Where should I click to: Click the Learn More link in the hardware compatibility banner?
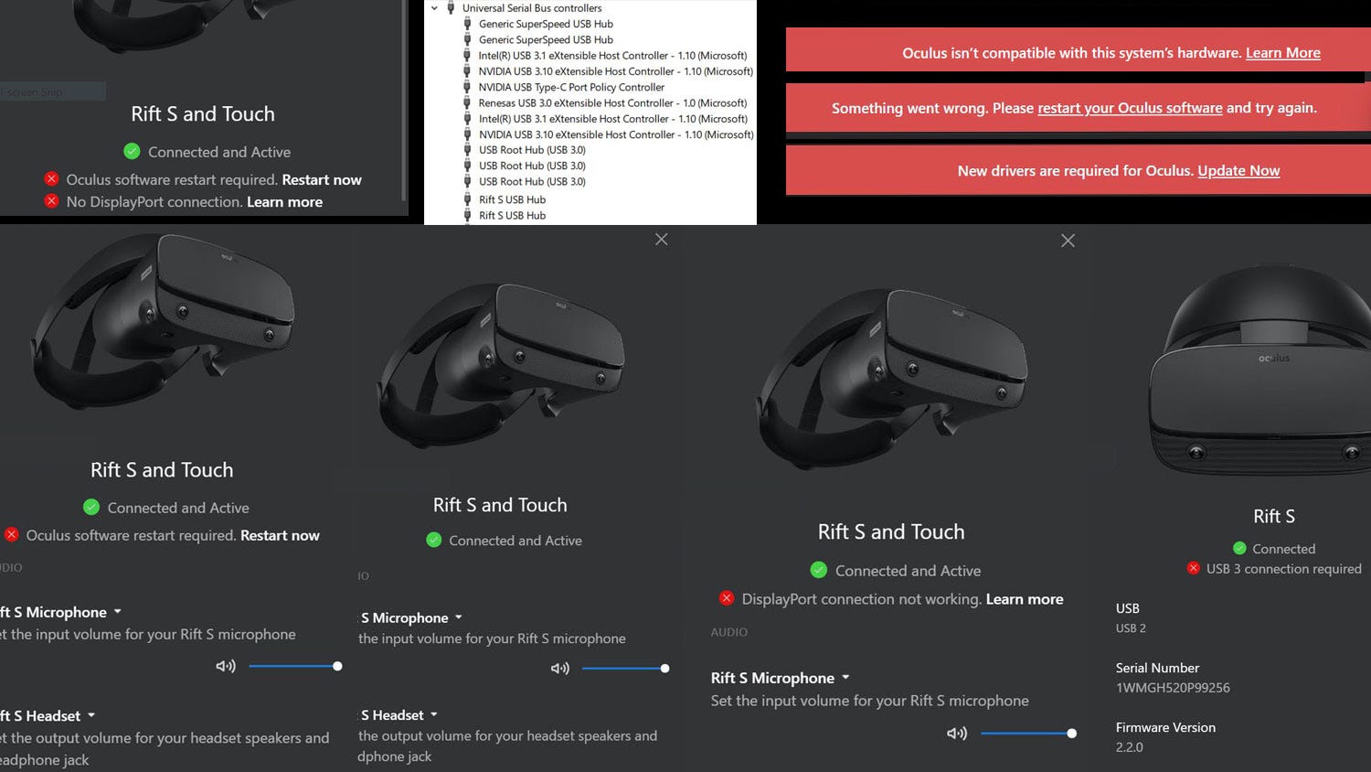click(x=1282, y=53)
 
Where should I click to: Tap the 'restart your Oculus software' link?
click(x=1130, y=108)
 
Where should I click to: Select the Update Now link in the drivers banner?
click(x=1238, y=171)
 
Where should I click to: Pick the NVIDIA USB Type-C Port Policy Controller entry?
click(x=571, y=88)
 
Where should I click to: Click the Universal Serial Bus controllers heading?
click(x=532, y=8)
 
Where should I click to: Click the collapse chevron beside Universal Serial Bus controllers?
click(x=435, y=8)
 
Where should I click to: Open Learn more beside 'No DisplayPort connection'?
click(x=284, y=202)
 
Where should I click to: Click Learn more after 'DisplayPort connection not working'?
click(x=1025, y=599)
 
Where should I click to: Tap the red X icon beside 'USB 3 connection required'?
click(x=1193, y=568)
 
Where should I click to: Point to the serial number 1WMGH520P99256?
click(x=1173, y=688)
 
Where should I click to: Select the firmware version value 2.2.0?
click(x=1130, y=747)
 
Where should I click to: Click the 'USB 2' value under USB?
click(x=1131, y=628)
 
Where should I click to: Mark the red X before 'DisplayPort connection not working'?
click(x=727, y=598)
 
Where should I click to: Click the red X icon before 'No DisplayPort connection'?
click(x=52, y=201)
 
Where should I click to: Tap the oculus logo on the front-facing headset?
click(x=1274, y=359)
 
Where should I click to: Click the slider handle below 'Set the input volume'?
click(x=1072, y=734)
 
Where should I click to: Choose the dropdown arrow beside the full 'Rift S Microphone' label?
click(x=845, y=678)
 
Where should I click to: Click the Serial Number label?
click(x=1157, y=668)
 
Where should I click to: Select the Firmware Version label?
click(x=1165, y=727)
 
